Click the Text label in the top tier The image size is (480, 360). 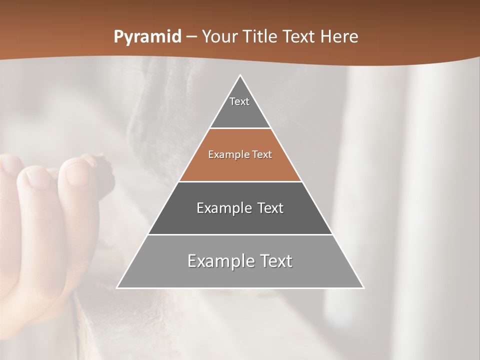point(239,102)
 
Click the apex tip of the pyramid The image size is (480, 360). point(240,75)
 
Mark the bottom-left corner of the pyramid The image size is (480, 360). point(117,288)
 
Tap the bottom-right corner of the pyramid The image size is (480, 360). point(363,288)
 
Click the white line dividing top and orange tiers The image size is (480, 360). point(240,128)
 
